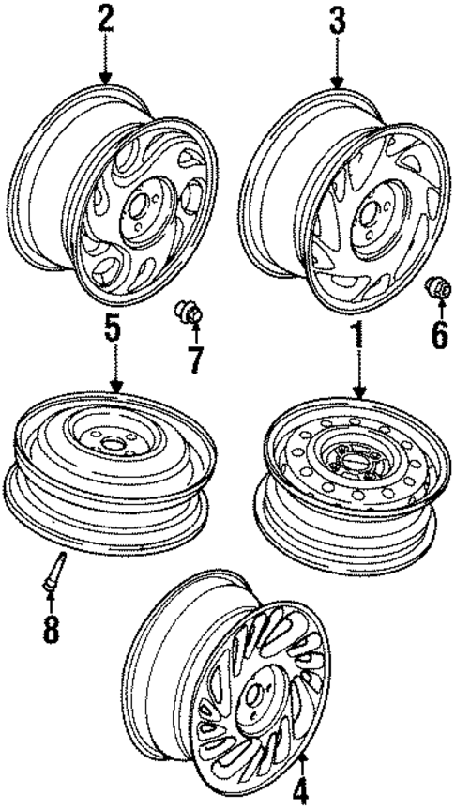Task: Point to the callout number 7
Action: (195, 359)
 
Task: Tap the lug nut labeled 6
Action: (438, 289)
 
